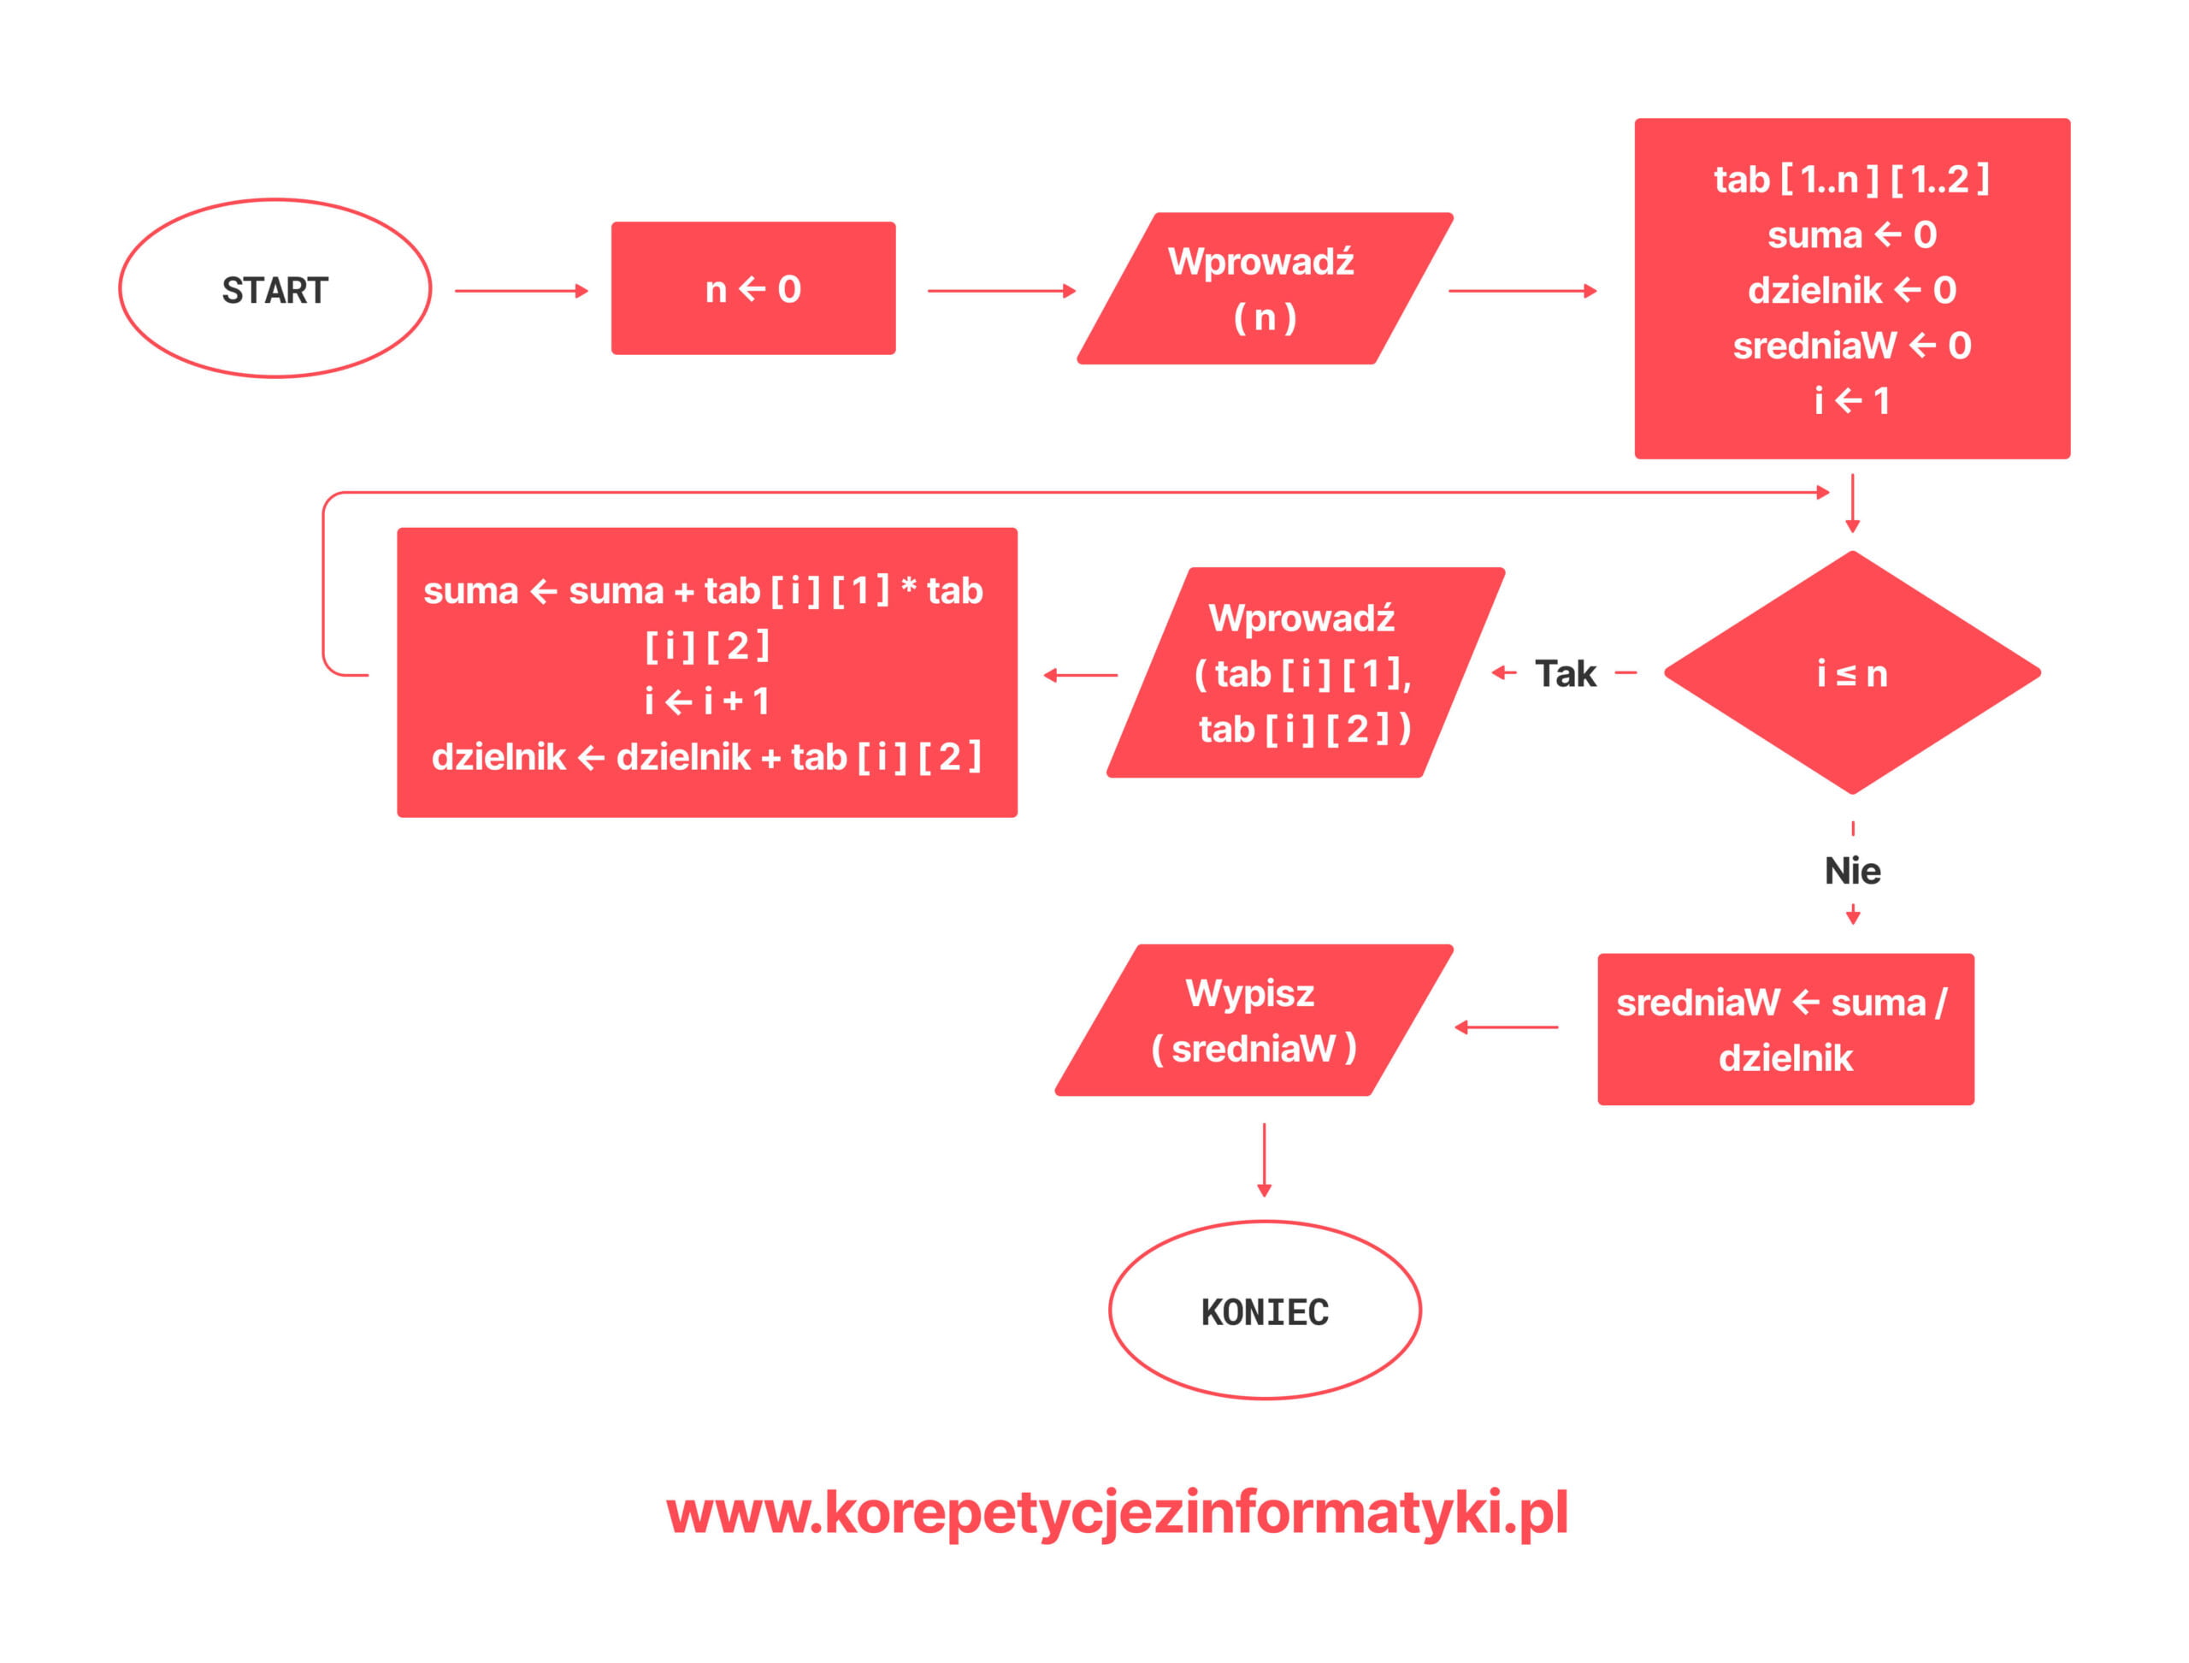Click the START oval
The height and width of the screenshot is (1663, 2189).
point(274,289)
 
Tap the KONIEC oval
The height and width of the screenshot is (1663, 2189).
point(1264,1311)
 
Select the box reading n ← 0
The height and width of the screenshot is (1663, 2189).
point(753,289)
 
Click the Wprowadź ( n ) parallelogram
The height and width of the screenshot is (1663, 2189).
point(1264,289)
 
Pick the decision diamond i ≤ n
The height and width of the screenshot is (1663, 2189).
point(1851,673)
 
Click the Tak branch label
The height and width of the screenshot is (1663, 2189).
point(1565,674)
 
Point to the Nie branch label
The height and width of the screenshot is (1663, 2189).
point(1851,871)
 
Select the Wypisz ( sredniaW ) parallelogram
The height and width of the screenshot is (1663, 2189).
point(1253,1021)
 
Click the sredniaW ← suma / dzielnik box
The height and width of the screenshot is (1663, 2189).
point(1785,1029)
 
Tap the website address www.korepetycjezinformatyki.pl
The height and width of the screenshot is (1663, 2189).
point(1116,1512)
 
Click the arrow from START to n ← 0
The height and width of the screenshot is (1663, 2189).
point(521,291)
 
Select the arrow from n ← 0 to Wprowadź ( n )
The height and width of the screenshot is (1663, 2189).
point(1000,291)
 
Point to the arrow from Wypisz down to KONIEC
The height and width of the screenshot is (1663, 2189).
point(1264,1159)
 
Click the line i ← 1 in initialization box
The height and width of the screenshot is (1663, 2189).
point(1851,401)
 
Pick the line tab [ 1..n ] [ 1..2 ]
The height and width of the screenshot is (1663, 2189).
point(1851,179)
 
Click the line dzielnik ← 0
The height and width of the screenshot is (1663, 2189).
point(1851,290)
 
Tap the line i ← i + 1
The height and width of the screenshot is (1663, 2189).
point(706,701)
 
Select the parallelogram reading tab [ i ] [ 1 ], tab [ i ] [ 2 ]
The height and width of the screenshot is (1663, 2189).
point(1304,673)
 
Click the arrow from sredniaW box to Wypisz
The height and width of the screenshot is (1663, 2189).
point(1506,1027)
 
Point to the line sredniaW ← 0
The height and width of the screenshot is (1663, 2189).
point(1851,346)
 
